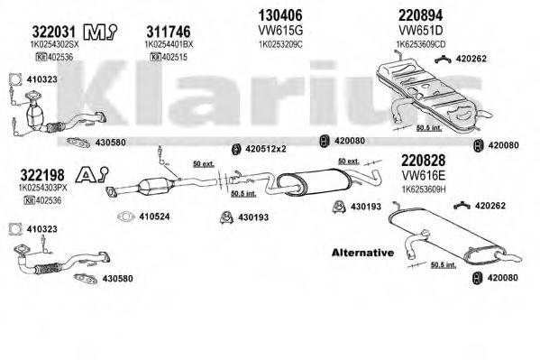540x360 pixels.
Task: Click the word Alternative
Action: (362, 254)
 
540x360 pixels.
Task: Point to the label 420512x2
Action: (268, 147)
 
